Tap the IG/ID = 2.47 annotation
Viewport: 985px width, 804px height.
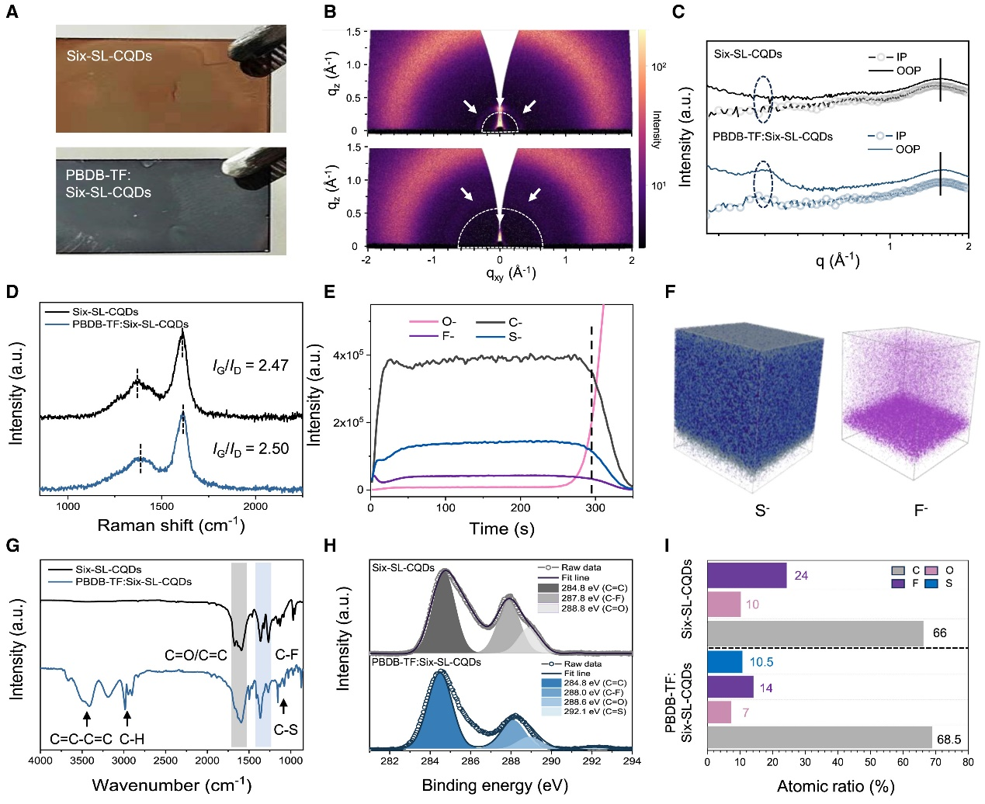[251, 366]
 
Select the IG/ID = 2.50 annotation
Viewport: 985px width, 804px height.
[251, 449]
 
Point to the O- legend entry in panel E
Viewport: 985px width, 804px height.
[449, 321]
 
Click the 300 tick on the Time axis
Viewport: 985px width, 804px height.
[595, 508]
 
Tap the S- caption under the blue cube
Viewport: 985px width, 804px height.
[761, 511]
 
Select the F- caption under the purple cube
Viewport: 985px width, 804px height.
[921, 511]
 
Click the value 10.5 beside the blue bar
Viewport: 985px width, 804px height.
[761, 662]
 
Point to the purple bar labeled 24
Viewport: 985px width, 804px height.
[747, 576]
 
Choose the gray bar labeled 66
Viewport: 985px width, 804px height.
[815, 632]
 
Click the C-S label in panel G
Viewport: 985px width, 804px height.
[286, 729]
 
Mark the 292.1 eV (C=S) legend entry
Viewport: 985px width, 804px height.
[584, 712]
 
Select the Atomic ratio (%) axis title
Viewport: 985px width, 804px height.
[835, 786]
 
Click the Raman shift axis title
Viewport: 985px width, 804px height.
[171, 525]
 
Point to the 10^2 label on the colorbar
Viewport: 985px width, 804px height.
[658, 67]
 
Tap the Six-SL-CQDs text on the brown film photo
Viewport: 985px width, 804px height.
[109, 56]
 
